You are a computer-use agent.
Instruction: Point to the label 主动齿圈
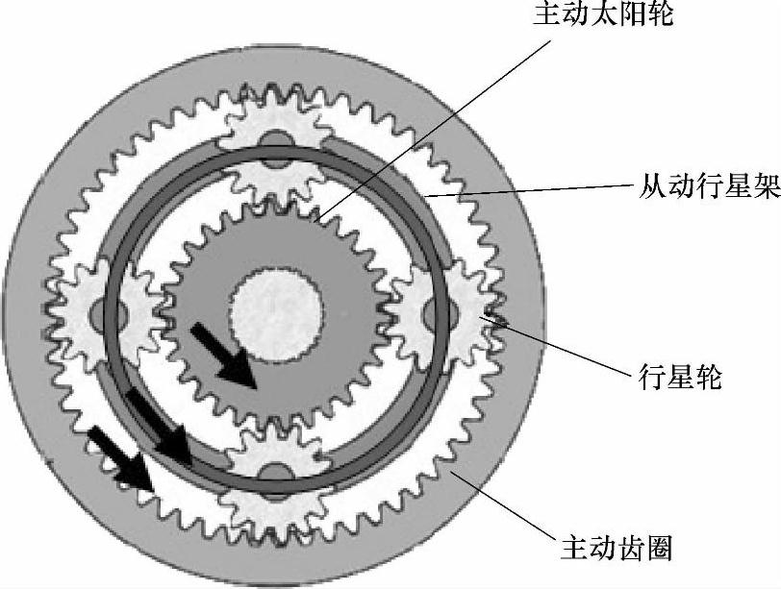(616, 549)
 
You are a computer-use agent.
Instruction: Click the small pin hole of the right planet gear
(451, 311)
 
